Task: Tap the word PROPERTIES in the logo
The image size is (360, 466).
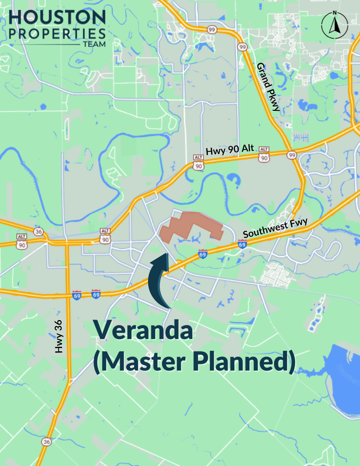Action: pyautogui.click(x=57, y=34)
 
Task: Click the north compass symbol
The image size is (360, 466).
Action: pyautogui.click(x=334, y=25)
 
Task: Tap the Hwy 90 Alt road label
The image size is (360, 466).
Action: pyautogui.click(x=230, y=150)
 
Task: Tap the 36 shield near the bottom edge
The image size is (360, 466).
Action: pyautogui.click(x=46, y=442)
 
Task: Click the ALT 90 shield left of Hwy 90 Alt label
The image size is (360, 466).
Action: pyautogui.click(x=198, y=163)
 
